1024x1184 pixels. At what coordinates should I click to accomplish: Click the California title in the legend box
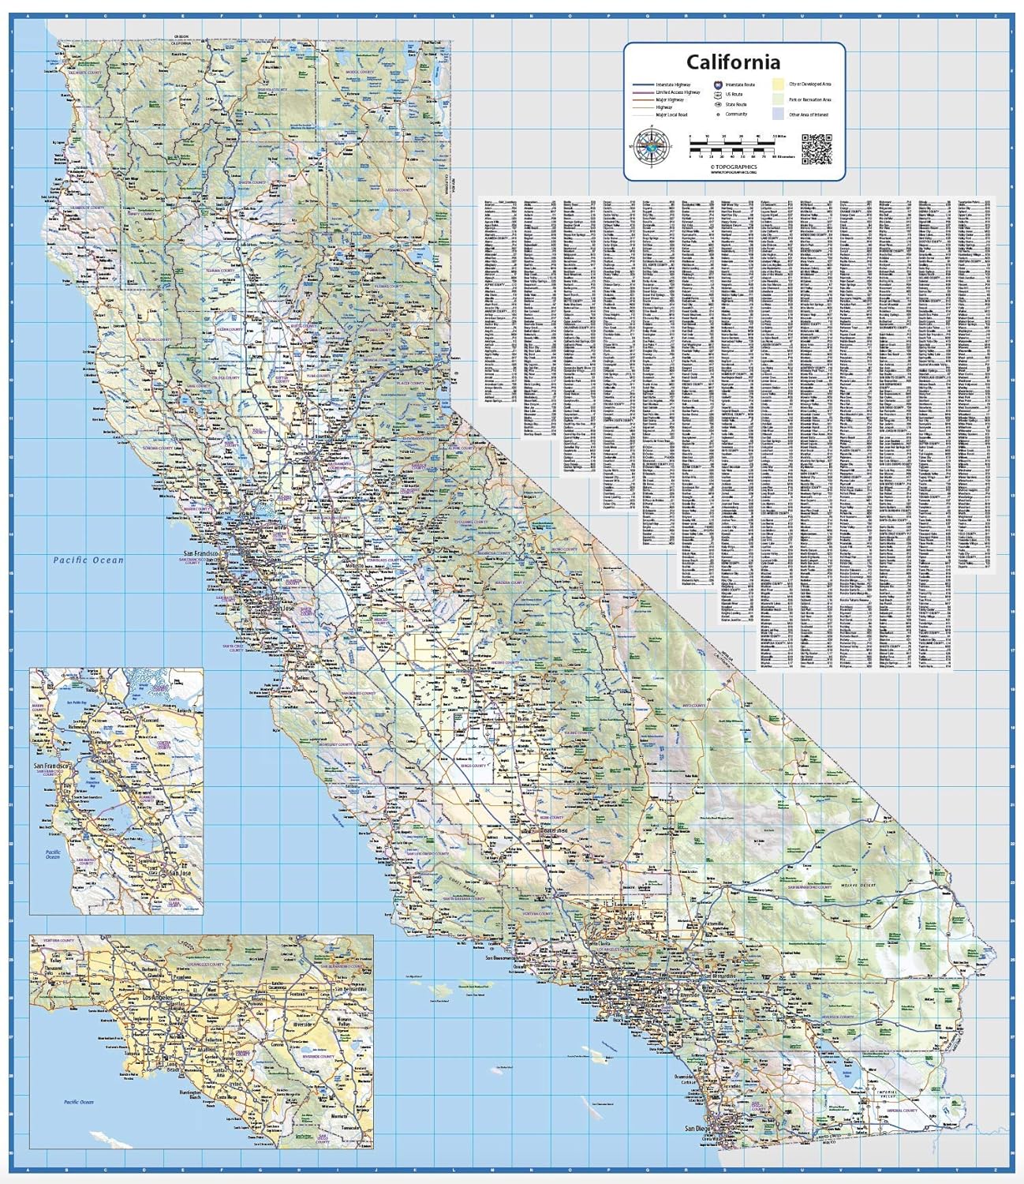733,62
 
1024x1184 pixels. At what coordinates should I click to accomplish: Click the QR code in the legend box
817,148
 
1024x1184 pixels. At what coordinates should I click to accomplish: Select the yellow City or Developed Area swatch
778,83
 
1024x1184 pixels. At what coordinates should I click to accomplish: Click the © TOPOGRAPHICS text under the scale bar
733,167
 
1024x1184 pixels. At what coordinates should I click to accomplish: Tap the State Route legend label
736,104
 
